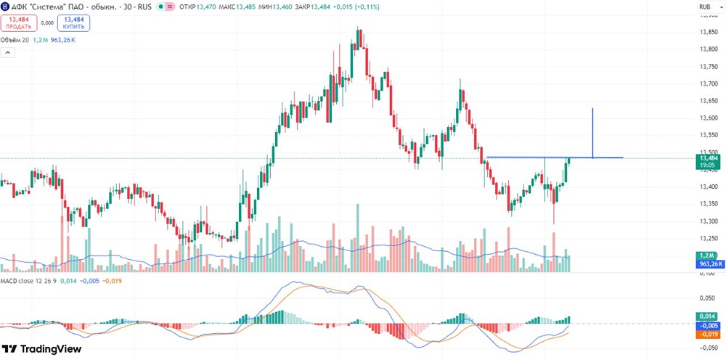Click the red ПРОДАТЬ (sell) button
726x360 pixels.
[x=18, y=23]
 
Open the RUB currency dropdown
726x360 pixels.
[x=705, y=7]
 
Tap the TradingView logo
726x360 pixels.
[x=41, y=349]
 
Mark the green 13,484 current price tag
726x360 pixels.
[x=709, y=161]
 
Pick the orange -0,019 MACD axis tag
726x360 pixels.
[x=709, y=335]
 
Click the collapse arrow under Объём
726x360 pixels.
[x=8, y=52]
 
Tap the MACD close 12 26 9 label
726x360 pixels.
[x=27, y=280]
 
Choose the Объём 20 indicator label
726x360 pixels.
[x=15, y=40]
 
